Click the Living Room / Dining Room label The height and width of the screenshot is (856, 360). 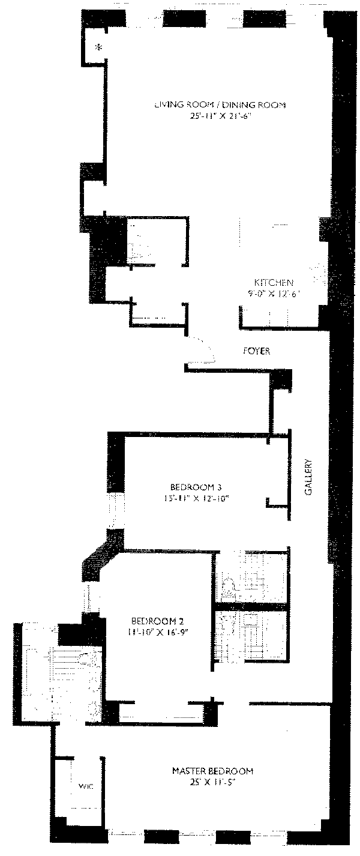coord(219,105)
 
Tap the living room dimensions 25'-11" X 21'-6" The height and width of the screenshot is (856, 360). coord(218,116)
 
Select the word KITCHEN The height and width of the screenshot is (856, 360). coord(273,283)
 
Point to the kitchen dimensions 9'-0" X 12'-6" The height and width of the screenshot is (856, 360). coord(273,294)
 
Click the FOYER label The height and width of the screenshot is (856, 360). coord(257,351)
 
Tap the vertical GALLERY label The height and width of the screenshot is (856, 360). coord(308,477)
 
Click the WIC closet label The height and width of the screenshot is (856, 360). coord(84,786)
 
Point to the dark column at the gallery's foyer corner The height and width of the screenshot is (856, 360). coord(281,381)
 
